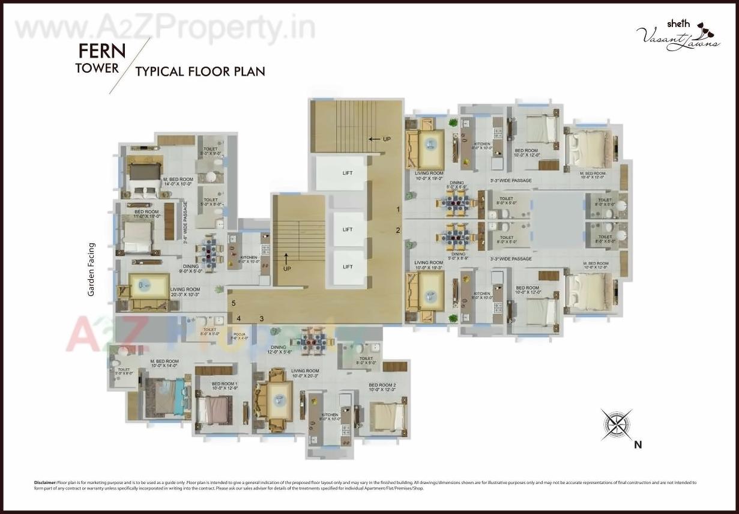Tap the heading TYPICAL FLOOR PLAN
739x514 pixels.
(200, 71)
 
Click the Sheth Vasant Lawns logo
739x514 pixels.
(678, 35)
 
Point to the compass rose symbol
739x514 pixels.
(617, 424)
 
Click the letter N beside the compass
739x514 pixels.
(638, 445)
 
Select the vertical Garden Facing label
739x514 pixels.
(92, 269)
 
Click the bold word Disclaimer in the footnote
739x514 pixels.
(46, 482)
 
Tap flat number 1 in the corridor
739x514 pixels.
(398, 210)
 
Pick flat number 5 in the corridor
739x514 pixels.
(234, 303)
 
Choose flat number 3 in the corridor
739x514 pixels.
(262, 318)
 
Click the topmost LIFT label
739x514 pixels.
(348, 173)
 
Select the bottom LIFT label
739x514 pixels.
(348, 266)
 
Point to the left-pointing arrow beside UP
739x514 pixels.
(374, 139)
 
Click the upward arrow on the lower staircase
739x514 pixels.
(286, 259)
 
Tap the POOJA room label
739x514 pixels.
(240, 335)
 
